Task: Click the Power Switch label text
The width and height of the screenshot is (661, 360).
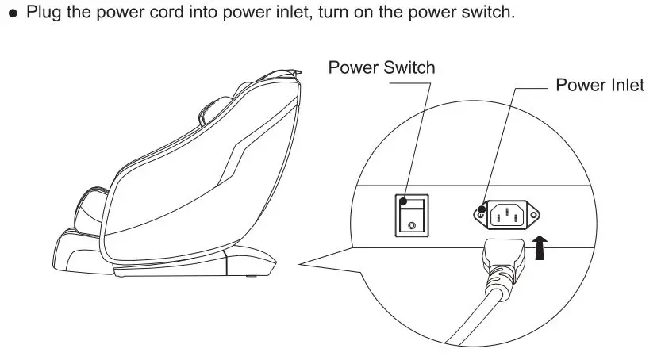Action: (x=382, y=67)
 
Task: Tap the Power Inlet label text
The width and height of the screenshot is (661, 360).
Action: (x=600, y=85)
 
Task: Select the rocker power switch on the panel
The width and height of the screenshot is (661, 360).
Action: (x=410, y=214)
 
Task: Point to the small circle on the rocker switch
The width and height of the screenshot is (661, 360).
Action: (x=410, y=226)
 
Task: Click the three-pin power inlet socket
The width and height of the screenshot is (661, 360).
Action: (x=506, y=213)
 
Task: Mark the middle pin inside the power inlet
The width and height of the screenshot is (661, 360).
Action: (x=506, y=209)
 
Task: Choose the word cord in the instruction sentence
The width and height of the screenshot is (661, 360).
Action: (x=141, y=14)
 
